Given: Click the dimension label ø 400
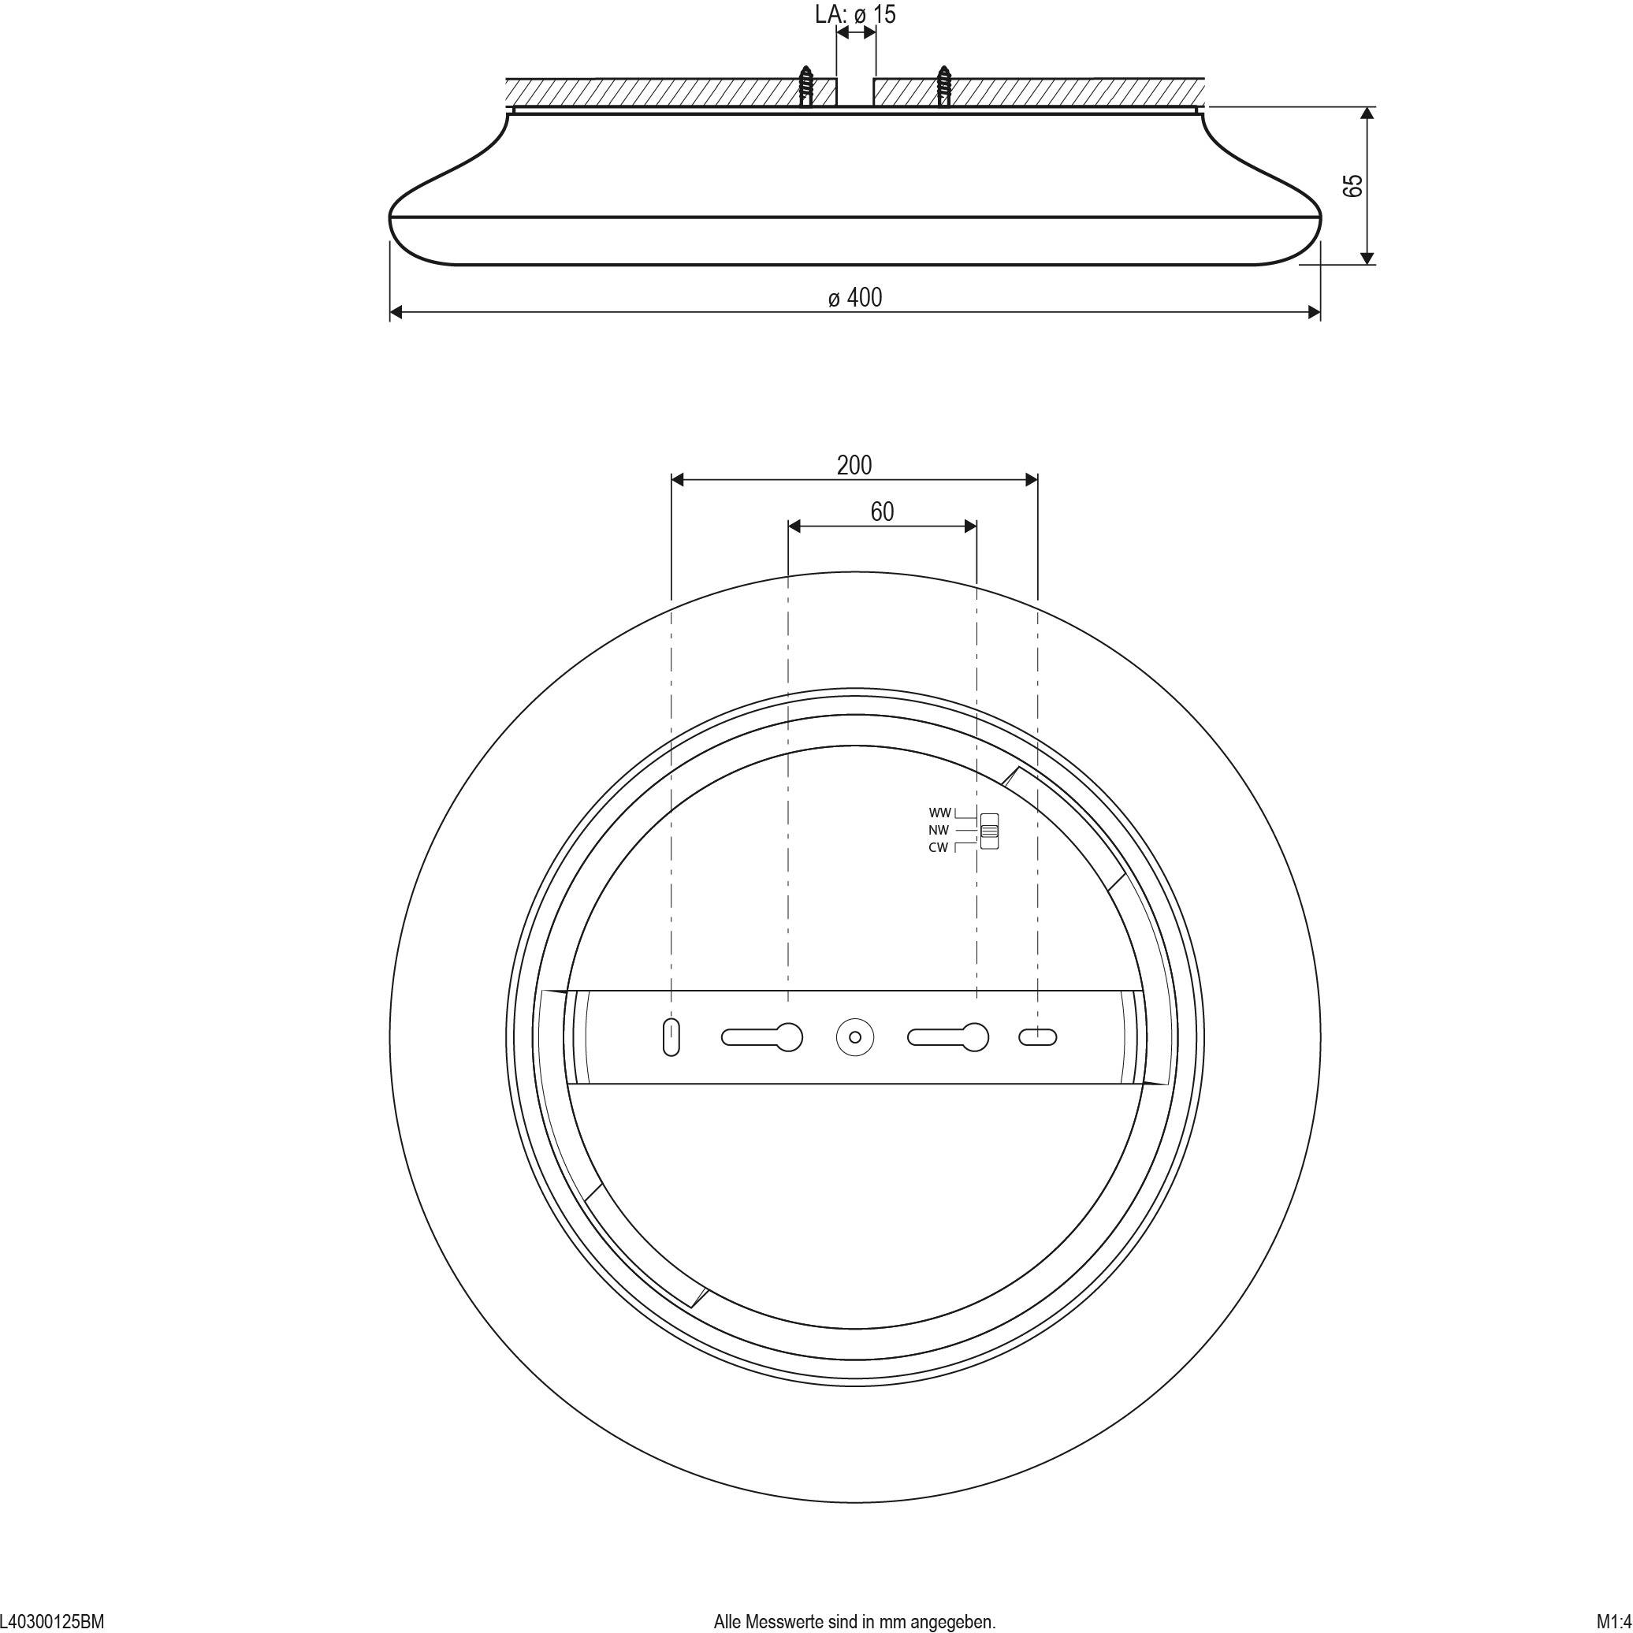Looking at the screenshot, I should point(854,298).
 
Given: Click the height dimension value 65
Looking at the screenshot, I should point(1353,186).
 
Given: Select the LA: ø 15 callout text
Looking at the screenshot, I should point(855,14).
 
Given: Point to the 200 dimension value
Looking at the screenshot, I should point(854,465).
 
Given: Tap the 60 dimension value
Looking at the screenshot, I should point(882,511).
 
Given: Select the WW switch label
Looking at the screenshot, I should point(940,813).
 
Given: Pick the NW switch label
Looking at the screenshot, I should point(938,830).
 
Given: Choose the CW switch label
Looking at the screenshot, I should point(938,848).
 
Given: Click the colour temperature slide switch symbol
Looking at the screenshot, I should point(989,830).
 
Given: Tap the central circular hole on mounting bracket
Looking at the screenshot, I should point(854,1037).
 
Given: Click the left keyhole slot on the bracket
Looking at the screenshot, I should point(761,1037).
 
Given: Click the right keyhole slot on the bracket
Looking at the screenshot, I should point(947,1037).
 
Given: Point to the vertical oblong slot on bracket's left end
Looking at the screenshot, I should point(671,1037).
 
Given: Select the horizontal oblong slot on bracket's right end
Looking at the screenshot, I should point(1037,1037).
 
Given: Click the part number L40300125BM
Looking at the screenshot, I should point(52,1622).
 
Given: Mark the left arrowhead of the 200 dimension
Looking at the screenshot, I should point(677,480).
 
